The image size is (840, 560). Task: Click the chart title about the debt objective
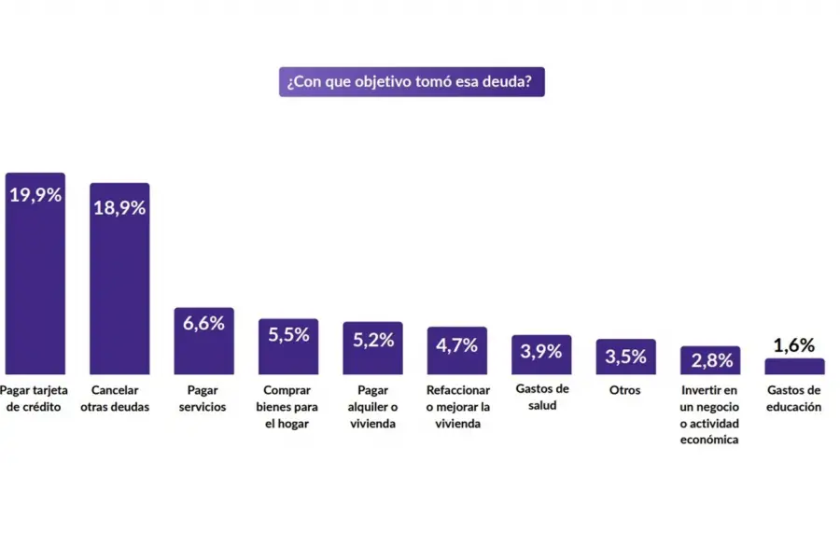point(411,82)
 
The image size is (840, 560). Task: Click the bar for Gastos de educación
point(794,366)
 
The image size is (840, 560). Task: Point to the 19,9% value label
point(35,196)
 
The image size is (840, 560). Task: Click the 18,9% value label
point(119,207)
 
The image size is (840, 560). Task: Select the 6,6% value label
point(203,324)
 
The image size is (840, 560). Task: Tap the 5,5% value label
point(288,335)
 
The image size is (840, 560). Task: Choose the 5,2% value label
point(372,340)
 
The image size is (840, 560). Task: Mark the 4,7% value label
point(456,344)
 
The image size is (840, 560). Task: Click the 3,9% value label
point(541,351)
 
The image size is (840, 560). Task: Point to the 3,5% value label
point(625,356)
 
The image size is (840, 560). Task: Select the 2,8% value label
point(710,361)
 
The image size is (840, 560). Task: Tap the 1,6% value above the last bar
point(794,345)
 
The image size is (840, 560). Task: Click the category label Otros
point(625,390)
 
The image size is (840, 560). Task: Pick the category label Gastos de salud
point(541,399)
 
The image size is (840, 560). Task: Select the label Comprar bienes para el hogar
point(288,407)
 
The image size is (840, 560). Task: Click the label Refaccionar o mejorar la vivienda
point(456,407)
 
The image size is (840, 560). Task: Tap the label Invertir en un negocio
point(710,414)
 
